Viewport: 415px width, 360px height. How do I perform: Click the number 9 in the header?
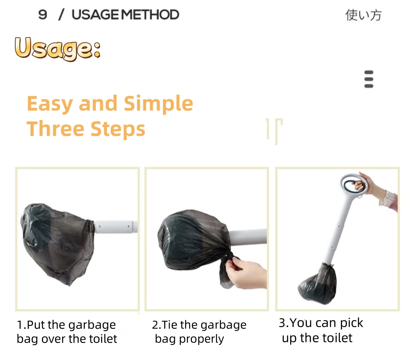click(x=43, y=15)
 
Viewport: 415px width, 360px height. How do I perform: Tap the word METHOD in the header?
click(x=150, y=15)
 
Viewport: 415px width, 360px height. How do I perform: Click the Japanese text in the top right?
click(x=363, y=15)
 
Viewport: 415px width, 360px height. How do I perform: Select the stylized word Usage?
click(x=58, y=49)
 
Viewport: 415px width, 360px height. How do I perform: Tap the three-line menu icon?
click(x=369, y=79)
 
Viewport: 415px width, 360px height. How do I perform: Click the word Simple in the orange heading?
click(x=159, y=104)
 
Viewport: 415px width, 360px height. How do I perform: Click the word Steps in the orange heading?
click(x=118, y=129)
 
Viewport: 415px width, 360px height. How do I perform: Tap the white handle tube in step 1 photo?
click(x=116, y=227)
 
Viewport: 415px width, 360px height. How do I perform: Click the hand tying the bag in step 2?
click(x=246, y=273)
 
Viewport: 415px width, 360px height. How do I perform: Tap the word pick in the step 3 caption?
click(x=352, y=323)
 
